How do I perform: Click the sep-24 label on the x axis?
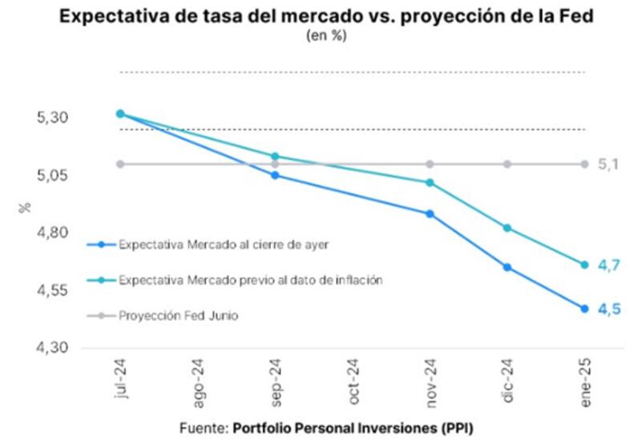276,381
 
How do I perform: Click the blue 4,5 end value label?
610,309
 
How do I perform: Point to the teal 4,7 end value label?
610,265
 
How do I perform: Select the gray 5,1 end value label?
610,165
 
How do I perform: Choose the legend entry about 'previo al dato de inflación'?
249,281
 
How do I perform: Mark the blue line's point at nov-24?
430,213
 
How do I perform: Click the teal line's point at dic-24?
507,228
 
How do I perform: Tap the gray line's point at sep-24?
275,164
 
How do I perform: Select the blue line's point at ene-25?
584,309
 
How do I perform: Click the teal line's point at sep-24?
275,156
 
